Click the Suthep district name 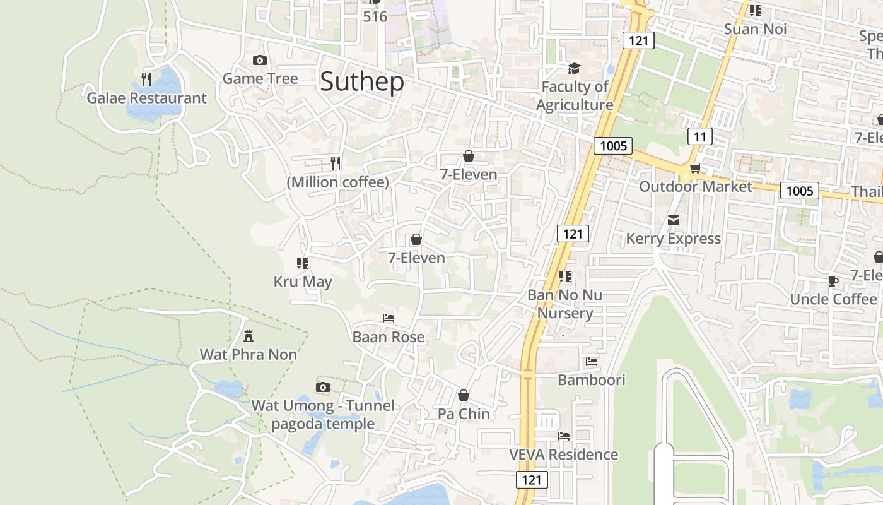[362, 83]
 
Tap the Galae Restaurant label [146, 98]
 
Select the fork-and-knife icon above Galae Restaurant [146, 79]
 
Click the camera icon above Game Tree [259, 61]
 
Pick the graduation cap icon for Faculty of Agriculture [574, 68]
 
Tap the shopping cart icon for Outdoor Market [695, 168]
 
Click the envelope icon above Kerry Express [674, 220]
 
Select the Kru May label [303, 282]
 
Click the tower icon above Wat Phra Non [249, 335]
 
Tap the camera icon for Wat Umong [323, 387]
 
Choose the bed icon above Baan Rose [389, 318]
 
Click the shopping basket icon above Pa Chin [464, 395]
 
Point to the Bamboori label [592, 380]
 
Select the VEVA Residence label [564, 454]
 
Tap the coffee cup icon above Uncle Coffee [833, 281]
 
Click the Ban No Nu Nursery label [564, 304]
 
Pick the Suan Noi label [755, 29]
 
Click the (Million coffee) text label [337, 182]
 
